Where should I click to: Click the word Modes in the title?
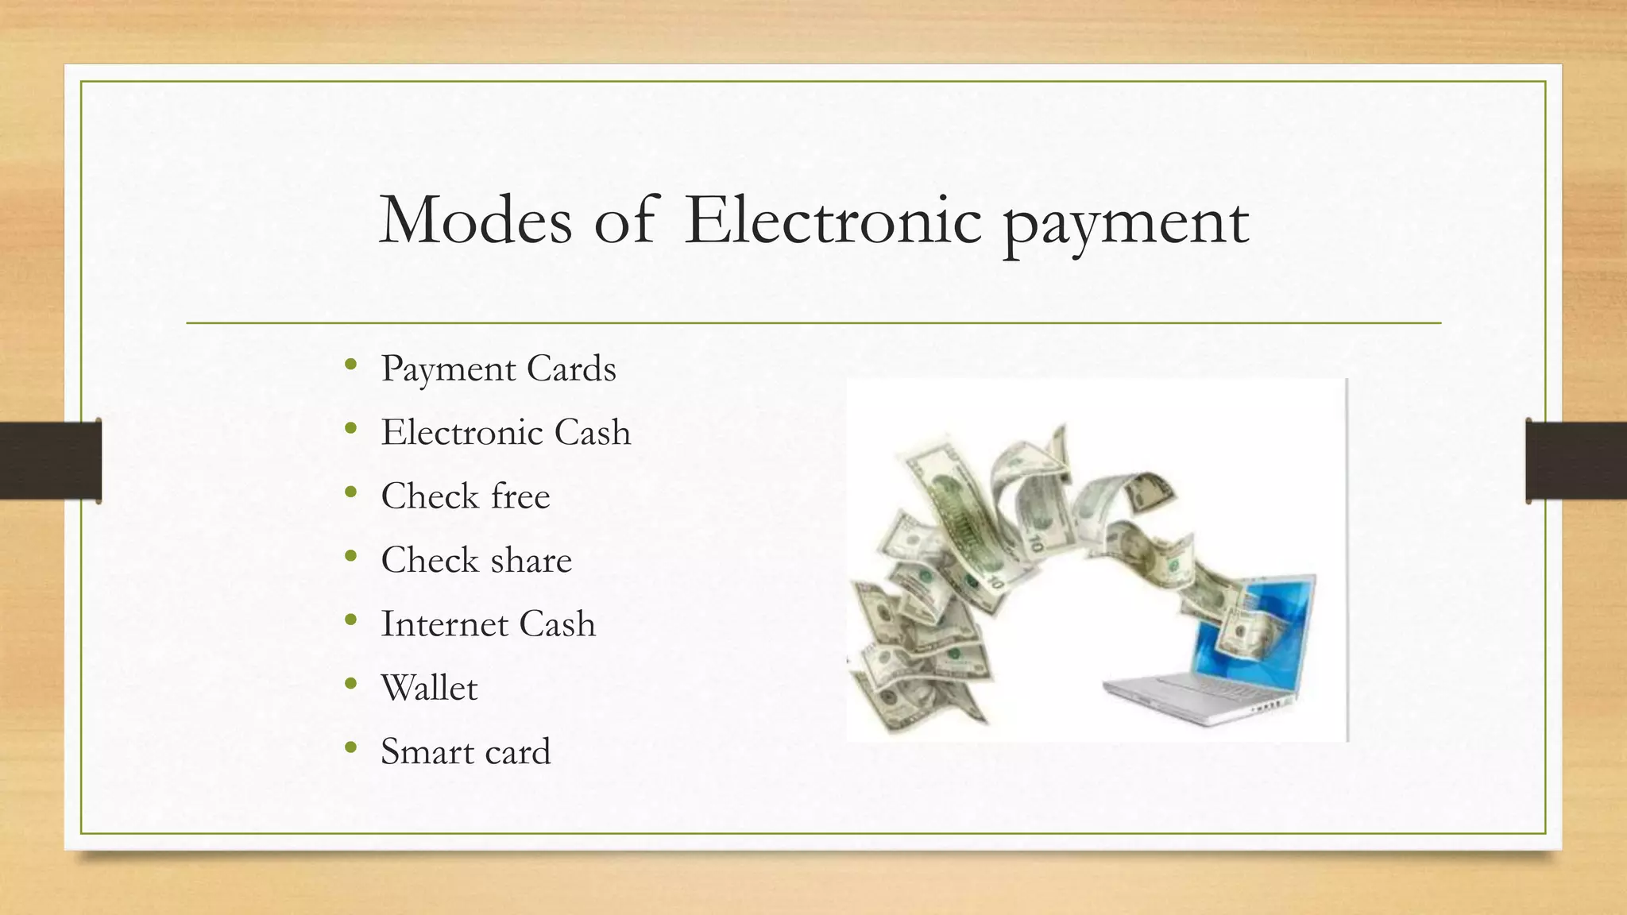click(475, 220)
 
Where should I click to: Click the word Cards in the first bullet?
click(571, 369)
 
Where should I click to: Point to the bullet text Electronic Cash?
click(505, 433)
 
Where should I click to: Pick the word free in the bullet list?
click(520, 496)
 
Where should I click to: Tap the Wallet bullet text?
click(429, 688)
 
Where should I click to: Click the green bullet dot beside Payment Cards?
click(351, 365)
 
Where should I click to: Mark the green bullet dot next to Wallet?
click(351, 685)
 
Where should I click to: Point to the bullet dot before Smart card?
click(351, 748)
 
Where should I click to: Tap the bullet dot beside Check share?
click(351, 557)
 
